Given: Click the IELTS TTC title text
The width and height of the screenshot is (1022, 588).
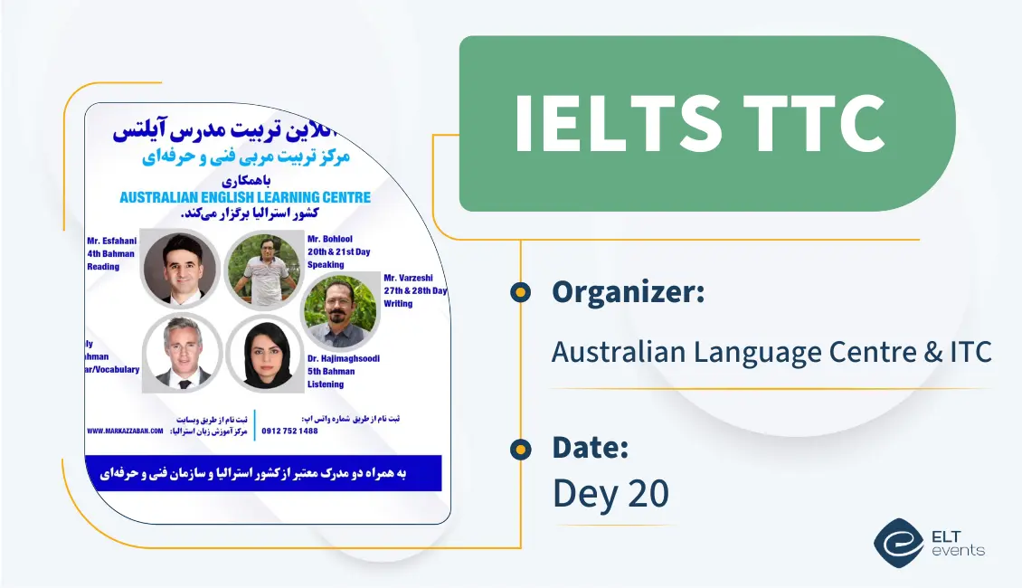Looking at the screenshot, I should pos(699,123).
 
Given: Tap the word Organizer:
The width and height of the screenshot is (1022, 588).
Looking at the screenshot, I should pos(628,292).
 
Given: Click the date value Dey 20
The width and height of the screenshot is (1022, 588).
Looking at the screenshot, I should pos(610,493).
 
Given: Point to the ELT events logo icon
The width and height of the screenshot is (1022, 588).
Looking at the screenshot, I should pos(898,542).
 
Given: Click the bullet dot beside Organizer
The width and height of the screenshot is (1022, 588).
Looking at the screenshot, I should pos(519,292).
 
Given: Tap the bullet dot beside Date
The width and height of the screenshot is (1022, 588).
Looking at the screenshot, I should pos(519,448).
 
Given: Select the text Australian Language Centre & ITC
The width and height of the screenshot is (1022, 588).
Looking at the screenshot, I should pos(771,351).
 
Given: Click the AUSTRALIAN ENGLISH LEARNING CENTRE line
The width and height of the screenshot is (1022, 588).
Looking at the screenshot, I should pos(244,197).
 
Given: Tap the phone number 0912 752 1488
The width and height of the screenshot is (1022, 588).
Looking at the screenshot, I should pos(289,431).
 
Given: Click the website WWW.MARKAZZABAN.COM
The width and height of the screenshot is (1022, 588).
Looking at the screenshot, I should pos(125,431).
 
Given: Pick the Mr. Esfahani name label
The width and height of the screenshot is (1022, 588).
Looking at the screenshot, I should pos(112,241).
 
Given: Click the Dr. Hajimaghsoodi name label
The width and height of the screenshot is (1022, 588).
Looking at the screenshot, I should pos(343,358).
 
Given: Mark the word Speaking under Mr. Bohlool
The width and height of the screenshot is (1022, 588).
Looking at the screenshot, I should pos(326,265).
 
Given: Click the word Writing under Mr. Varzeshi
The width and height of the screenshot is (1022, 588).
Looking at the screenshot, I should pos(398,304).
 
